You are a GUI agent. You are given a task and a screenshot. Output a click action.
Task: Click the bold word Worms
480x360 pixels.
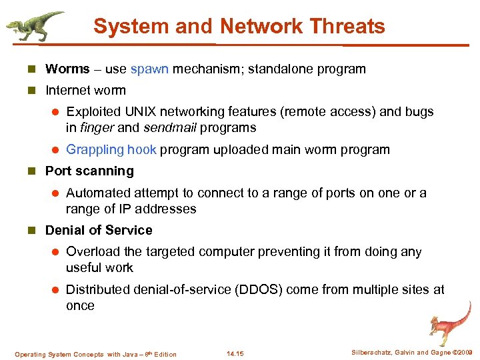click(67, 69)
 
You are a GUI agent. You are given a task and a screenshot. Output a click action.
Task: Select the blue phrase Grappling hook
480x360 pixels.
click(111, 149)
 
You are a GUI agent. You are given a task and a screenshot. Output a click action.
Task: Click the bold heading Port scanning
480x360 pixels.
click(89, 171)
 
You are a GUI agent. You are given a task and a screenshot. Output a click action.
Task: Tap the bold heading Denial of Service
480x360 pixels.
click(99, 230)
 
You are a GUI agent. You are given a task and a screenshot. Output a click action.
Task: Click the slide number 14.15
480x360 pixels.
click(235, 353)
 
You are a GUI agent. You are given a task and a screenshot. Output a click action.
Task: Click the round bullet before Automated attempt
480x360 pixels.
click(56, 193)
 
